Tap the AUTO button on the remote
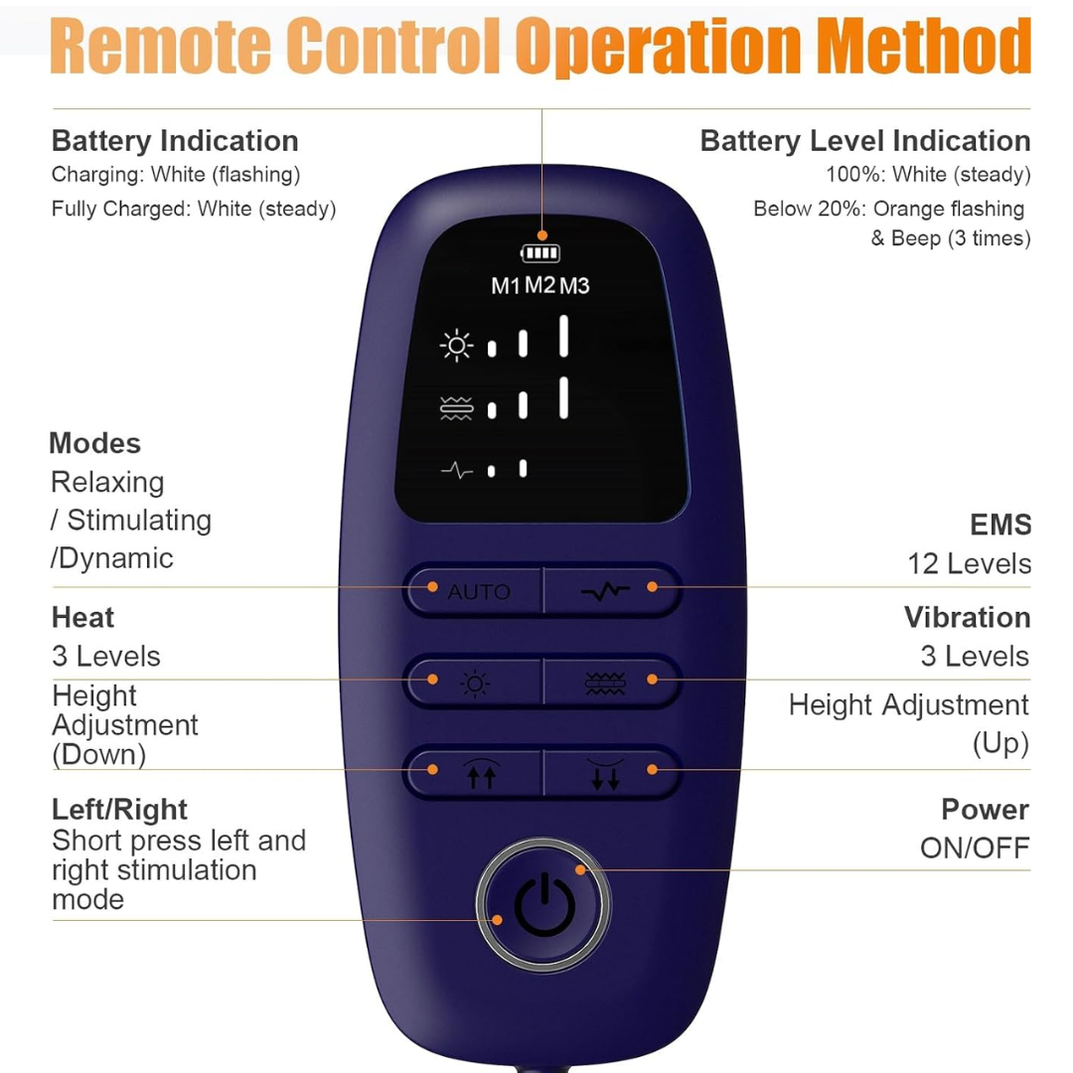[474, 590]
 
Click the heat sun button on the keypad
[474, 683]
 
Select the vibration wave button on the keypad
[610, 683]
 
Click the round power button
[543, 905]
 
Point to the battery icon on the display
[540, 253]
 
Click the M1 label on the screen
[506, 286]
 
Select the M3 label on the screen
[574, 286]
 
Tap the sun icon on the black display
[456, 346]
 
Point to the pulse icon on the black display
[456, 470]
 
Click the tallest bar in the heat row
[564, 336]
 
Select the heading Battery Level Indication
[865, 141]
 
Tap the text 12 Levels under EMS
[969, 564]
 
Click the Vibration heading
[967, 617]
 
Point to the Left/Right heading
[119, 810]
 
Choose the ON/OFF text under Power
[975, 848]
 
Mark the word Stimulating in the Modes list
[139, 521]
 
